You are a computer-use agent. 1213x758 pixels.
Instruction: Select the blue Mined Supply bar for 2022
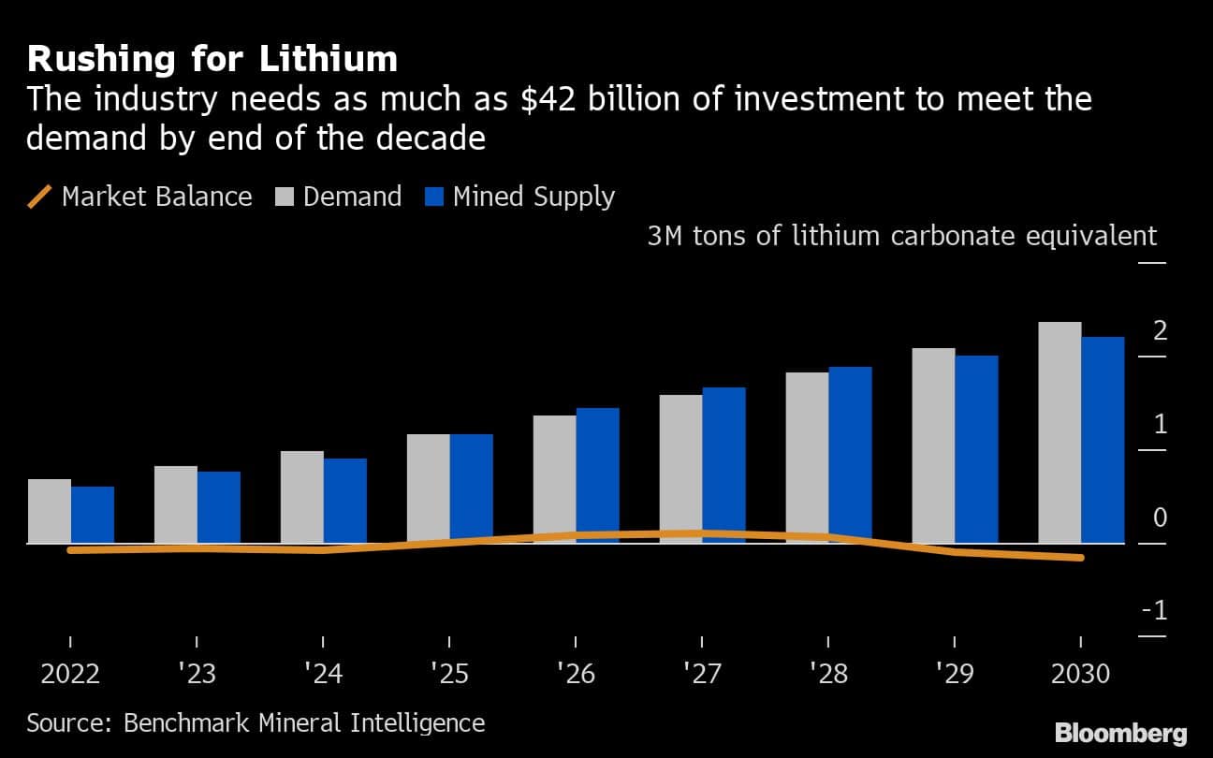pos(93,515)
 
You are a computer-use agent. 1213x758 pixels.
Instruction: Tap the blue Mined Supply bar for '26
pos(597,475)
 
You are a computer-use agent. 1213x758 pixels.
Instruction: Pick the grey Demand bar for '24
pos(302,497)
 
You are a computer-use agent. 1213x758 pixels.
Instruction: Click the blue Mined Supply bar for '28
pos(850,455)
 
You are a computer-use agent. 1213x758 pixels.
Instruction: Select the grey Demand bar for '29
pos(933,445)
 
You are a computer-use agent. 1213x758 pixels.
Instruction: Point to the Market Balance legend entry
pos(140,197)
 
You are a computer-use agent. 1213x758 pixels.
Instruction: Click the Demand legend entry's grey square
pos(285,197)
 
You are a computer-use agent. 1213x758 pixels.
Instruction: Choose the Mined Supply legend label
pos(533,197)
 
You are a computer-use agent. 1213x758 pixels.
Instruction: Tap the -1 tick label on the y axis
pos(1154,611)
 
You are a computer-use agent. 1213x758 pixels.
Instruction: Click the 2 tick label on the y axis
pos(1161,330)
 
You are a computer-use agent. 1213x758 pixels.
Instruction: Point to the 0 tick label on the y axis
pos(1161,517)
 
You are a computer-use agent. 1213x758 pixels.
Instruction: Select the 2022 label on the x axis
pos(70,674)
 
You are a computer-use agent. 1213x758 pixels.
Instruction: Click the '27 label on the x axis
pos(702,674)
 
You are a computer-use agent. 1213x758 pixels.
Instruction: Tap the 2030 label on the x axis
pos(1080,674)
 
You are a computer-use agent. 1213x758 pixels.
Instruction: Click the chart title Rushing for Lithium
pos(212,59)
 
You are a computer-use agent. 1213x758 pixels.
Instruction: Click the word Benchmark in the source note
pos(176,722)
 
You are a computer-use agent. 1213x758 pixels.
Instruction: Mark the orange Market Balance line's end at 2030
pos(1081,558)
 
